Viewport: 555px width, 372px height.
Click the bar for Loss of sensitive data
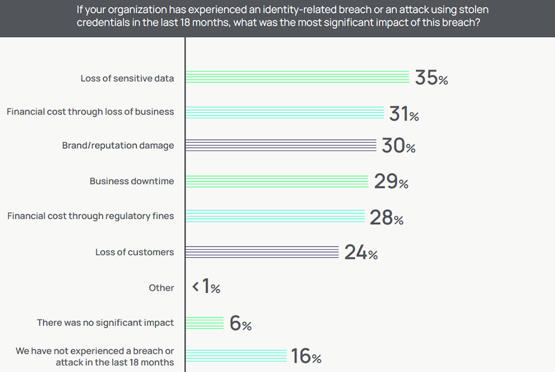point(297,77)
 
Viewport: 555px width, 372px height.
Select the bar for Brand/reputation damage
point(280,145)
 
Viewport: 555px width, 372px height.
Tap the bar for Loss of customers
point(261,252)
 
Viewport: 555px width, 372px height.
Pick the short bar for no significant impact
point(204,323)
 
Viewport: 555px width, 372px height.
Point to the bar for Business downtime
point(276,181)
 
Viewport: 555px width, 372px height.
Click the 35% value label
point(431,78)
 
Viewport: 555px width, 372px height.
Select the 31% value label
point(404,114)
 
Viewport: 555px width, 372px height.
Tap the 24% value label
point(361,253)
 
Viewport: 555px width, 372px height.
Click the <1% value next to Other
point(206,287)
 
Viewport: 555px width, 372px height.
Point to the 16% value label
point(306,356)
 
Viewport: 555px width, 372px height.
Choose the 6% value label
point(240,324)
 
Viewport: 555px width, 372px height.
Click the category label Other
point(161,288)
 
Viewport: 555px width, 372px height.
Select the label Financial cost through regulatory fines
point(90,216)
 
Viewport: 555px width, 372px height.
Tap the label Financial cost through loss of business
point(90,112)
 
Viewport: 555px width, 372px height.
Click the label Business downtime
point(132,181)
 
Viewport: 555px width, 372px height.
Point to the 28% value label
point(386,218)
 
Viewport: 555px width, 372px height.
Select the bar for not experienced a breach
point(235,356)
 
